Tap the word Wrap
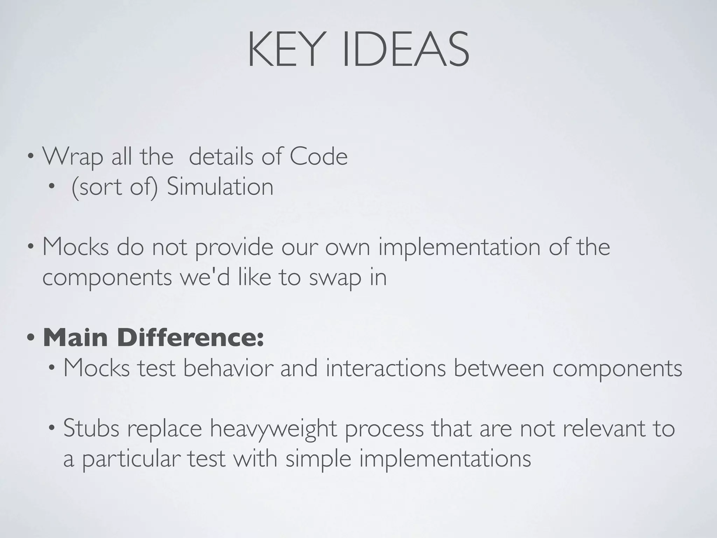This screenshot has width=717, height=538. click(x=73, y=157)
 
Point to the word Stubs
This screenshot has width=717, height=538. click(x=91, y=429)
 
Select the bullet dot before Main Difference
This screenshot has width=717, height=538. click(x=31, y=338)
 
